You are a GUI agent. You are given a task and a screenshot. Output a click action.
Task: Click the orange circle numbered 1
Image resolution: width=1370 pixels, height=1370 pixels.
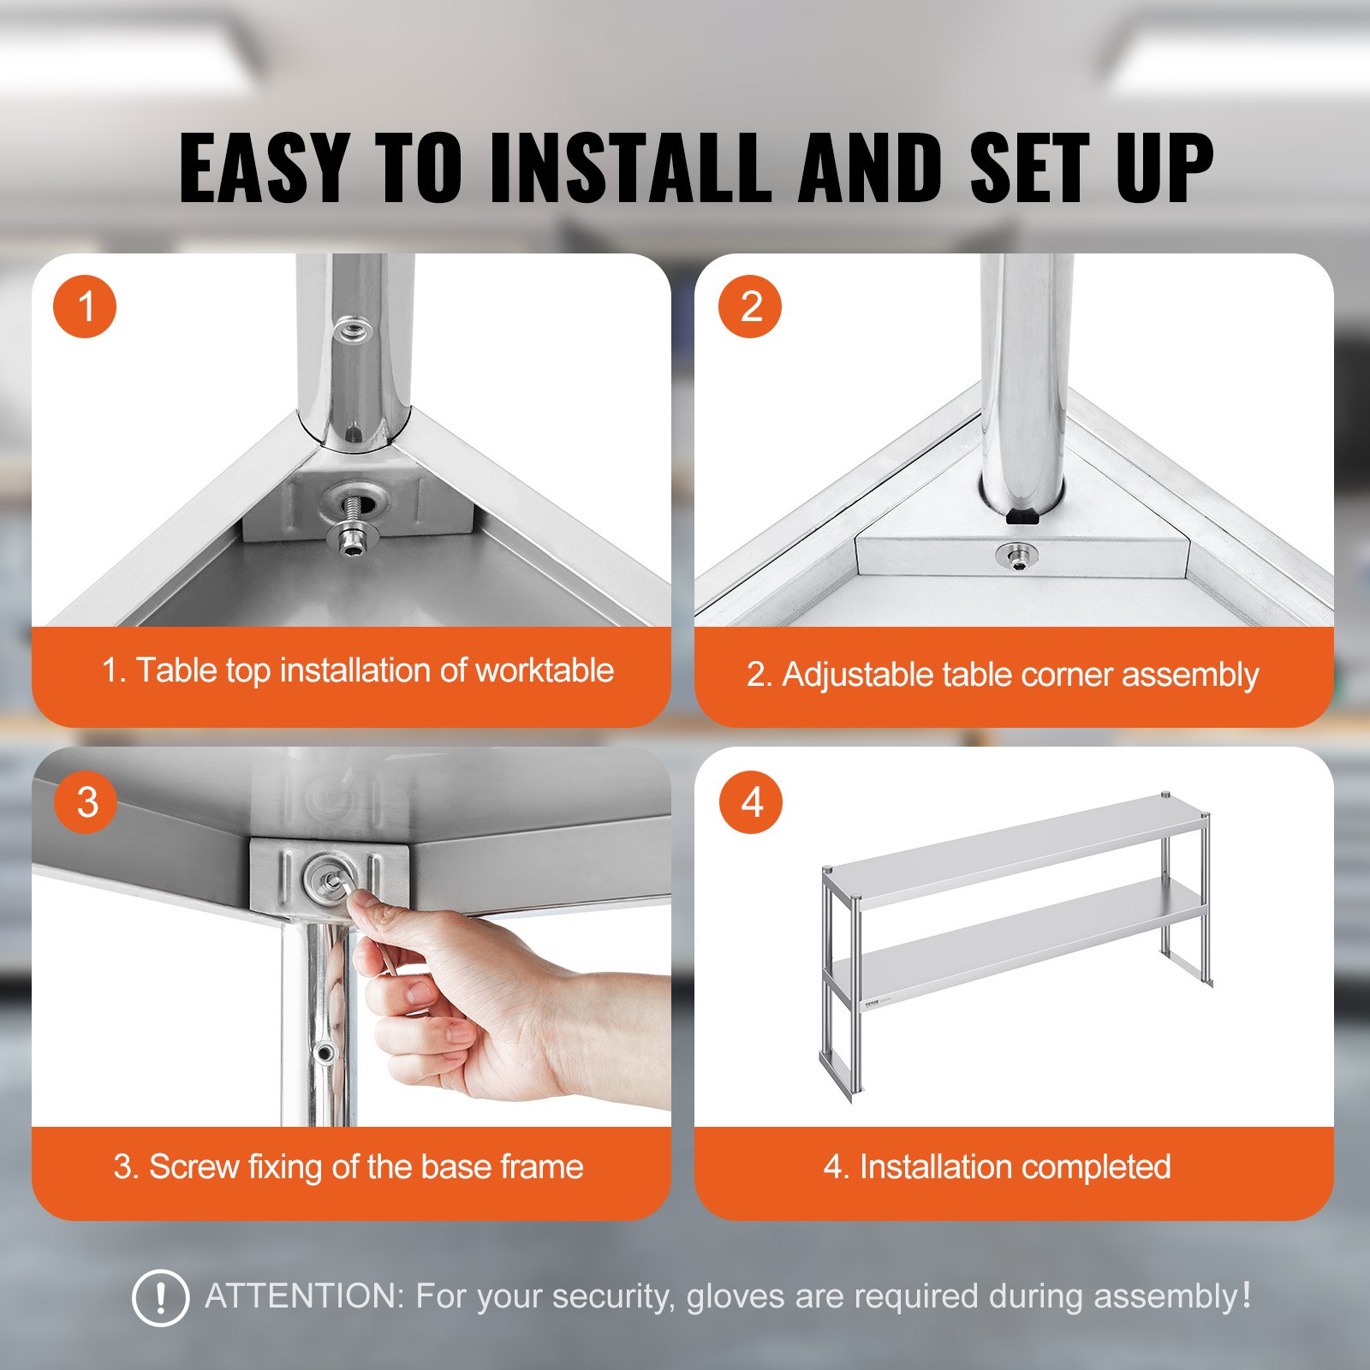pos(85,307)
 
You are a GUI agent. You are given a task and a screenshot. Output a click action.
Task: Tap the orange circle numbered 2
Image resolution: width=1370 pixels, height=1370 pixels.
pos(750,307)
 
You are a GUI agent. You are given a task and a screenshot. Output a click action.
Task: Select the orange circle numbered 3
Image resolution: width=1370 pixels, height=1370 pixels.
pos(86,802)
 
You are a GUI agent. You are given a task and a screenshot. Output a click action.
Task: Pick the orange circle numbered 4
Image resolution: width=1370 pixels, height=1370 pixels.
pos(751,802)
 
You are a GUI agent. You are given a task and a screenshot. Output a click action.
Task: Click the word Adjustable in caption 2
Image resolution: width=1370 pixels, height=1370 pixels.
pos(857,675)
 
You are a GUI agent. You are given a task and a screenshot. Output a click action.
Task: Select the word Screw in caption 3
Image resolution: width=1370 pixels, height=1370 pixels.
pos(194,1167)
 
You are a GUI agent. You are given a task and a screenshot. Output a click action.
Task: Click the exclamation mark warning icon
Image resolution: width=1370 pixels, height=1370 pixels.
pos(160,1298)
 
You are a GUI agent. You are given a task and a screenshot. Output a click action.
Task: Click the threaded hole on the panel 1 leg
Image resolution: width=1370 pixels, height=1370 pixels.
pos(351,328)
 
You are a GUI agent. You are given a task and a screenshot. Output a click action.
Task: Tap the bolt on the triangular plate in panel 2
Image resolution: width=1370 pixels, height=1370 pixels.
pos(1016,557)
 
